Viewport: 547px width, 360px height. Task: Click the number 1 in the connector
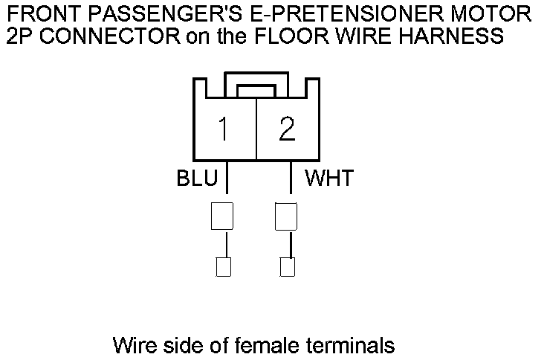click(x=223, y=129)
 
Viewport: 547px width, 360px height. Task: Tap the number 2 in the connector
click(x=287, y=129)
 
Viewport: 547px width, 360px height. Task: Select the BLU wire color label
click(x=197, y=179)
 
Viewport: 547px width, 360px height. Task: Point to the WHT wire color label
click(x=329, y=179)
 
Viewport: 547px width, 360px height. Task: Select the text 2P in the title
click(x=18, y=35)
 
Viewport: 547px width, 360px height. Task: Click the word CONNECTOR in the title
click(x=94, y=35)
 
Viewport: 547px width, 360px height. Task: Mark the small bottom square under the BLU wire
click(x=223, y=266)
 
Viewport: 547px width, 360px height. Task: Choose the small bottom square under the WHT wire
click(x=287, y=266)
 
